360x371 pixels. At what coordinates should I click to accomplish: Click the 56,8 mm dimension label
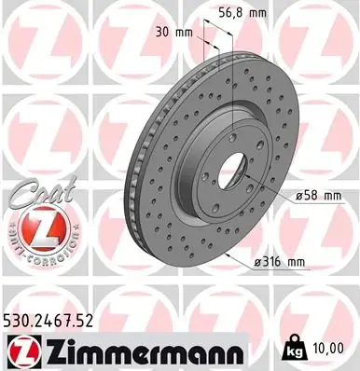pyautogui.click(x=242, y=13)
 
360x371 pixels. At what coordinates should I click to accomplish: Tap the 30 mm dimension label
pyautogui.click(x=174, y=32)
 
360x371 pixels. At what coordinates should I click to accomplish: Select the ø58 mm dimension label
pyautogui.click(x=318, y=196)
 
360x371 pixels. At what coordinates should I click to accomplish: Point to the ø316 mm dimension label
pyautogui.click(x=280, y=263)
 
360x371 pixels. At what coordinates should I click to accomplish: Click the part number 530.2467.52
pyautogui.click(x=48, y=321)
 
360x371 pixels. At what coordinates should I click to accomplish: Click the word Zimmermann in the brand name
pyautogui.click(x=144, y=352)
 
